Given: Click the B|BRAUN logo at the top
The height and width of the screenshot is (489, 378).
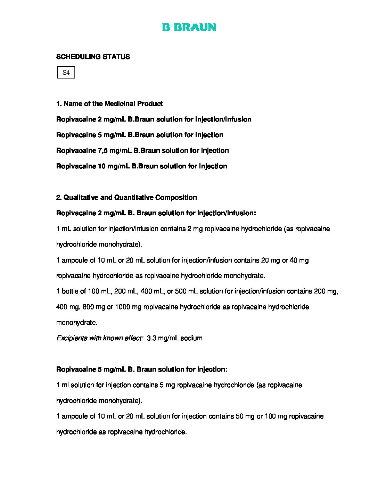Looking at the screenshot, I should coord(189,27).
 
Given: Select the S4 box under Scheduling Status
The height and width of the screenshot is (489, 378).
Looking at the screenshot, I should coord(66,73).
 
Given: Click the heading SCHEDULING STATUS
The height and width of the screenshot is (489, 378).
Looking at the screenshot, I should coord(93,57).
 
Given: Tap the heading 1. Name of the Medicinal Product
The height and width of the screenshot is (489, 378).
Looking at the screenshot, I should coord(109,103).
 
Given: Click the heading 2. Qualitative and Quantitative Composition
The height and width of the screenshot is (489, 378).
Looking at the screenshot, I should coord(126,197).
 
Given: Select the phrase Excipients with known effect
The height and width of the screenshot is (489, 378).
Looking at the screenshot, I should coord(100,338).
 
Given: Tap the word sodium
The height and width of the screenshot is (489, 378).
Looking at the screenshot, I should coord(191,338).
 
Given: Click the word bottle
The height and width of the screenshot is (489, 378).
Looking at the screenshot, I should coord(71,291).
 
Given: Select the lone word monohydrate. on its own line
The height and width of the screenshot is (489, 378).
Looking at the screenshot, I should coord(77,322).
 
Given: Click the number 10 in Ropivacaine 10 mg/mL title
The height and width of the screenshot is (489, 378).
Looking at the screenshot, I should coord(101,166).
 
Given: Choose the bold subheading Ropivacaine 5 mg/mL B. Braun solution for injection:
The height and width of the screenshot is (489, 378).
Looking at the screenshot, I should coord(142,369).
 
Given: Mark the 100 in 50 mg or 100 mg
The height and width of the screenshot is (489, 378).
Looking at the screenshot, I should coord(270,416).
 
